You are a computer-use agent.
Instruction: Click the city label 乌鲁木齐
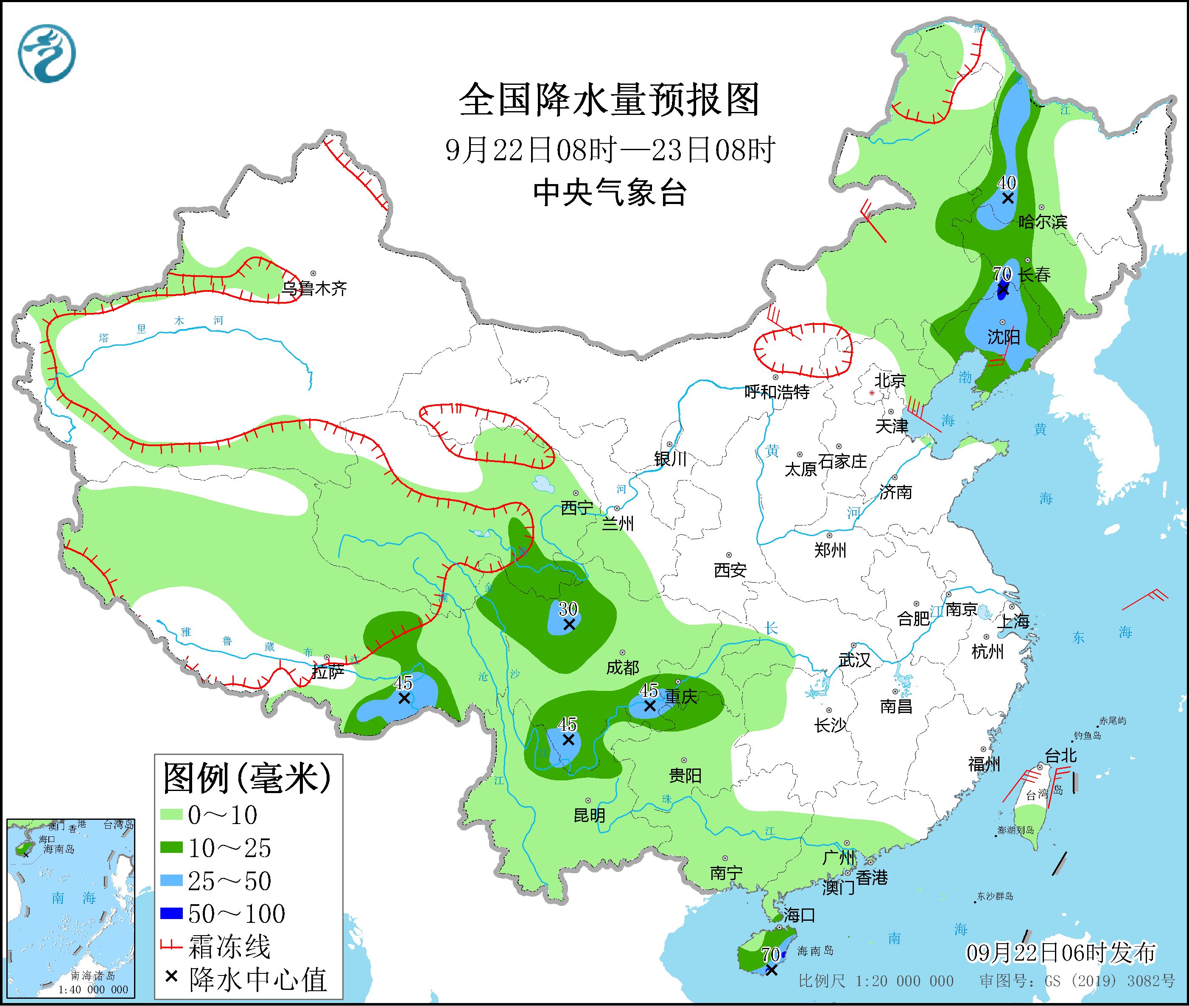[314, 289]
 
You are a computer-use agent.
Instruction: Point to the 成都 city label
[622, 667]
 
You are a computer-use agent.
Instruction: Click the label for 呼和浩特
[777, 392]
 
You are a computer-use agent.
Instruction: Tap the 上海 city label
[1013, 621]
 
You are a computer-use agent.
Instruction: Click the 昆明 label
[589, 816]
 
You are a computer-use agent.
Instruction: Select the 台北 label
[1061, 756]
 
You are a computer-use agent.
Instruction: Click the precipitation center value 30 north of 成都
[568, 609]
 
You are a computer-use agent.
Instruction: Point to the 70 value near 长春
[1002, 274]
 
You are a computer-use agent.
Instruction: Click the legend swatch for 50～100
[172, 914]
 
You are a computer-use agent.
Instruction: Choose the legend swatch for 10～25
[172, 849]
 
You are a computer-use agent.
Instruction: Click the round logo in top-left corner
[47, 53]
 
